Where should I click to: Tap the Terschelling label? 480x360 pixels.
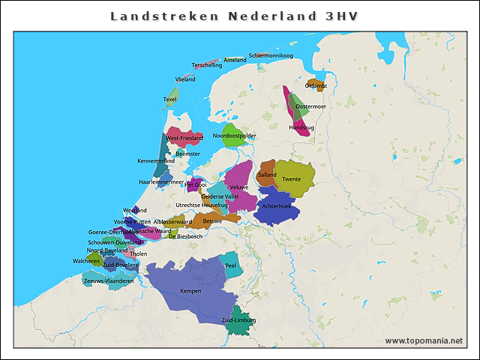click(207, 65)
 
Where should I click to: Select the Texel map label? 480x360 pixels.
click(170, 99)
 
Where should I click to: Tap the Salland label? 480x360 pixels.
click(267, 175)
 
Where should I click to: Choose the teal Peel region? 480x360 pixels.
click(231, 265)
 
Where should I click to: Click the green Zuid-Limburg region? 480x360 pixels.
click(238, 320)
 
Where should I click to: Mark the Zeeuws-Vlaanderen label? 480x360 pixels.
click(109, 280)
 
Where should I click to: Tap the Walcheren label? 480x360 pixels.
click(86, 260)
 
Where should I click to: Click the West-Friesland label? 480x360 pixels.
click(184, 139)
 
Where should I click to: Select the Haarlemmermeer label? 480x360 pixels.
click(161, 181)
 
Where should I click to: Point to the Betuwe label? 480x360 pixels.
click(212, 220)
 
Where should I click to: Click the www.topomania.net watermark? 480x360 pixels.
click(424, 340)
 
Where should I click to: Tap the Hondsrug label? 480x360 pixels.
click(301, 127)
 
